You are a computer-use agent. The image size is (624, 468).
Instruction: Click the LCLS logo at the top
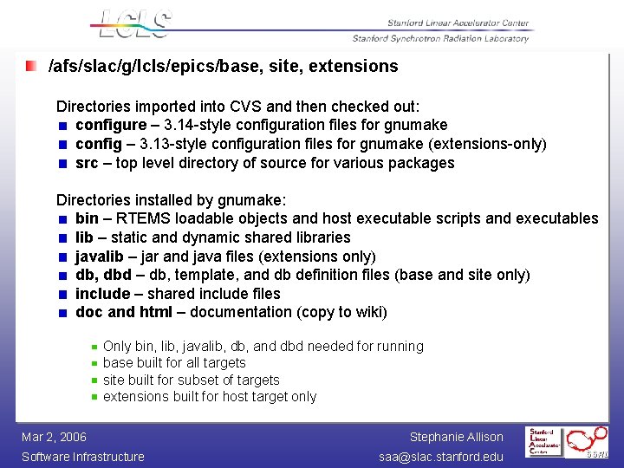click(132, 24)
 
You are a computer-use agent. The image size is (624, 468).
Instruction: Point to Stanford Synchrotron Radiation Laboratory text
click(440, 39)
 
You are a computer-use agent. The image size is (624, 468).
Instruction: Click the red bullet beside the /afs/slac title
click(31, 66)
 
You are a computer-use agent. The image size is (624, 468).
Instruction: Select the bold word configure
click(111, 125)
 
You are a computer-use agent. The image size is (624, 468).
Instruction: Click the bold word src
click(87, 163)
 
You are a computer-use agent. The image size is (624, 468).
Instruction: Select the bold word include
click(102, 294)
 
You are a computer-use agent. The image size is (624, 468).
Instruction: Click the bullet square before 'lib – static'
click(62, 238)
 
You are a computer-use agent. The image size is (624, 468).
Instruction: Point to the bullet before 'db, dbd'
click(62, 276)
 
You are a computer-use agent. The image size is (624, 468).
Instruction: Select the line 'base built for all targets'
click(174, 363)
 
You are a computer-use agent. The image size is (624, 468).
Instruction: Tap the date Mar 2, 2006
click(54, 437)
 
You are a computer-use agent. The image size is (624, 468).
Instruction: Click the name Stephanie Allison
click(456, 437)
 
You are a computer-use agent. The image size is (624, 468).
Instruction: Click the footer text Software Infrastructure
click(83, 457)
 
